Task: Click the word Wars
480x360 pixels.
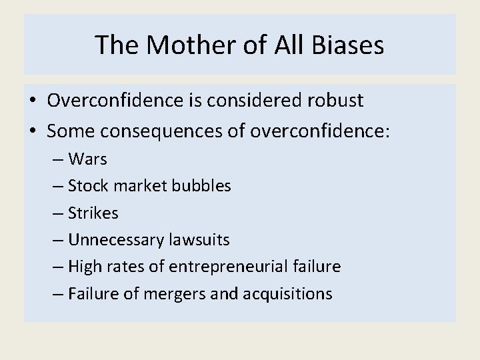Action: tap(87, 160)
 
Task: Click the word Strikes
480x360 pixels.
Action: tap(93, 213)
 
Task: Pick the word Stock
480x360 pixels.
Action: tap(85, 187)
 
